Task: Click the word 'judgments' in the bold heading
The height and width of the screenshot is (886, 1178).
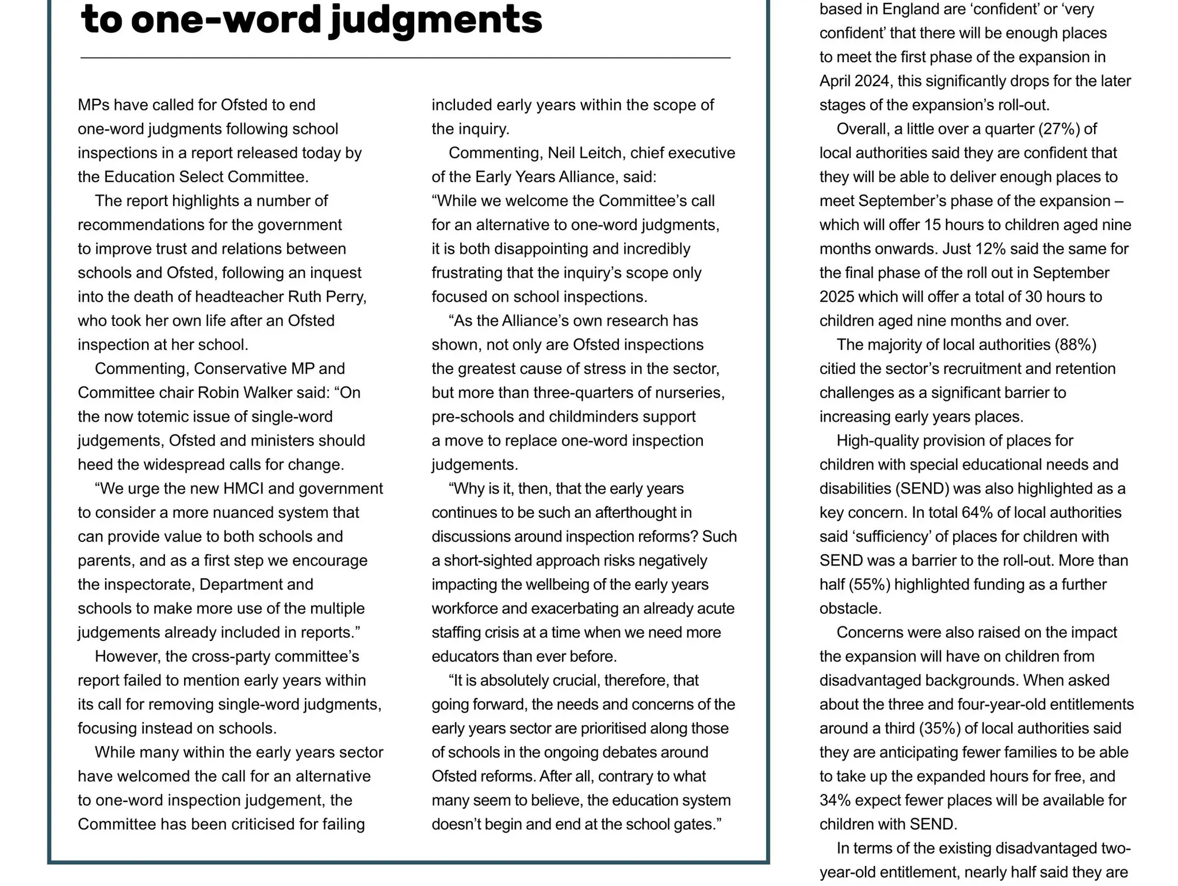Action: tap(435, 20)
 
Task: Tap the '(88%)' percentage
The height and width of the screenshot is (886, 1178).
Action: tap(1075, 345)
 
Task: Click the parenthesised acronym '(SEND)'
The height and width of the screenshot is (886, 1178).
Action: tap(922, 488)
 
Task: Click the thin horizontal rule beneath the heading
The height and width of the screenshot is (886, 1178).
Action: tap(405, 58)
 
